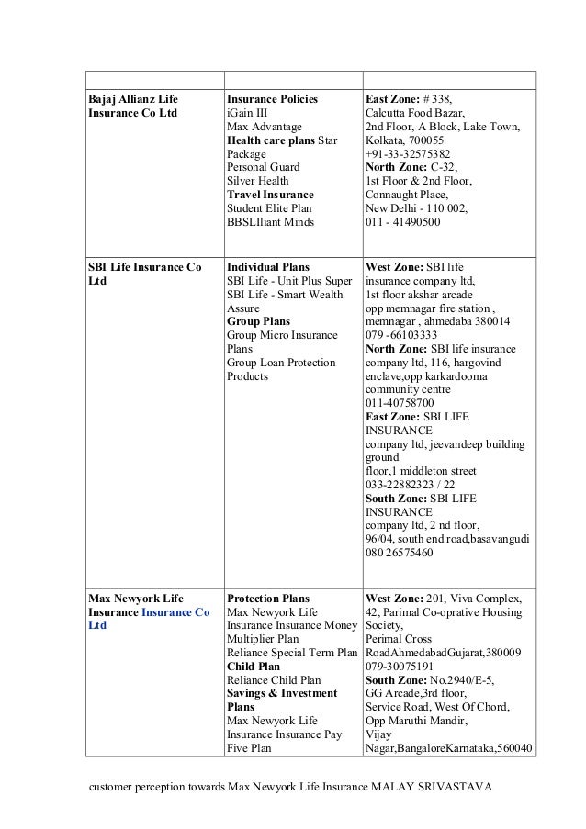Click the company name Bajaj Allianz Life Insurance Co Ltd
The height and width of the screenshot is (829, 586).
click(x=134, y=106)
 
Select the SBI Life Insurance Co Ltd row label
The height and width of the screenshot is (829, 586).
click(x=143, y=274)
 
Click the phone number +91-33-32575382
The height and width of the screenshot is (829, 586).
click(x=408, y=154)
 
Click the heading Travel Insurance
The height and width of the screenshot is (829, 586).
click(x=270, y=195)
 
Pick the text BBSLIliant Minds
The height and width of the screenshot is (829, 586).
click(x=270, y=222)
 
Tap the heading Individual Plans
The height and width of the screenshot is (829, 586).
click(x=267, y=266)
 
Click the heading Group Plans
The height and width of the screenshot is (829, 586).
click(x=258, y=321)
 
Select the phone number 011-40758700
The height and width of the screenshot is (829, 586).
click(x=400, y=403)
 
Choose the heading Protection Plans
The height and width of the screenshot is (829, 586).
click(x=268, y=597)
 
